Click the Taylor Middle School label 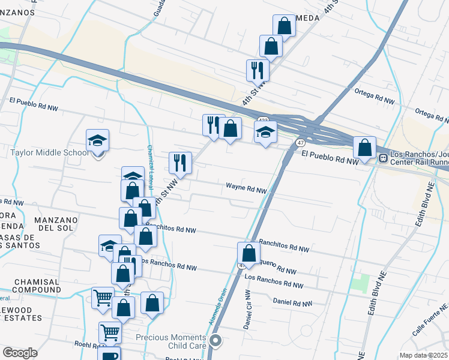tap(50, 152)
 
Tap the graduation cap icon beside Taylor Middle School tap(97, 141)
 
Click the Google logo tap(20, 353)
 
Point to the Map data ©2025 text tap(424, 355)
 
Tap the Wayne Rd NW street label tap(246, 189)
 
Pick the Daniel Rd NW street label tap(293, 303)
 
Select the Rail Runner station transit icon tap(383, 158)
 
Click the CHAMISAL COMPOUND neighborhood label tap(37, 286)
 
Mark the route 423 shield tap(263, 121)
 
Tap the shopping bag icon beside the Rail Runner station tap(364, 147)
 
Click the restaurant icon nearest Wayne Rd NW tap(180, 162)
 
